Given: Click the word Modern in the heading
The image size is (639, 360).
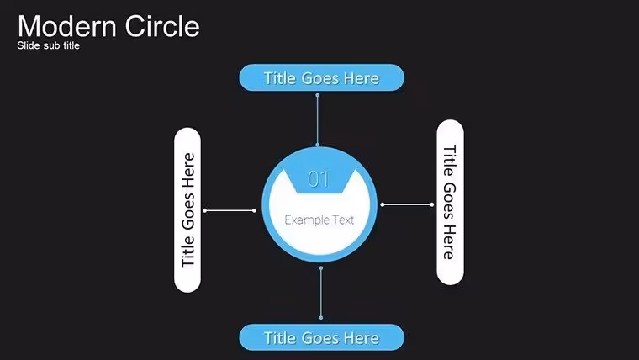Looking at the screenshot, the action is point(67,26).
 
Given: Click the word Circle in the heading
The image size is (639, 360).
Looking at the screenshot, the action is point(162,26).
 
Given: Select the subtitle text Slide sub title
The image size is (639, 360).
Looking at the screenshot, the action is point(48,45).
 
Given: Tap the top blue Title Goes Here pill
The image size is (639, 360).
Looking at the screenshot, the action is point(321,77).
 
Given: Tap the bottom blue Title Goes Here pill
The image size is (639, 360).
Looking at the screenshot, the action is point(321,337).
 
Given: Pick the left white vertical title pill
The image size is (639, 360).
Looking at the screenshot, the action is point(187,210).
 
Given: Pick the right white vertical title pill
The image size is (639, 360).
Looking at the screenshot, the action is point(450,202).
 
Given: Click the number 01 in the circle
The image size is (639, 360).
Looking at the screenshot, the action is point(319,179).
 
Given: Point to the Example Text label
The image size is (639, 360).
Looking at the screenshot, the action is point(319,220).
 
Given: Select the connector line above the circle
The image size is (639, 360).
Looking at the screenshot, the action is point(318,120).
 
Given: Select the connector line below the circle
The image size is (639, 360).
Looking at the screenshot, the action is point(321,293).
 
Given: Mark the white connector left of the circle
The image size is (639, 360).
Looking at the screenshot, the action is point(230,210).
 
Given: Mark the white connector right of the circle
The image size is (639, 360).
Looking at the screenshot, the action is point(407,204).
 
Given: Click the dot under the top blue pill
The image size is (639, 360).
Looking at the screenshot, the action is point(318,95).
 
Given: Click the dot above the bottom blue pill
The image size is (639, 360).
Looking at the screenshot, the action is point(321,318).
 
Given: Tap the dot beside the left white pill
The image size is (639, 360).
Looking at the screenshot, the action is point(205,210).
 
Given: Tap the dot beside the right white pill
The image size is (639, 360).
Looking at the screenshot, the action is point(432,204).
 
